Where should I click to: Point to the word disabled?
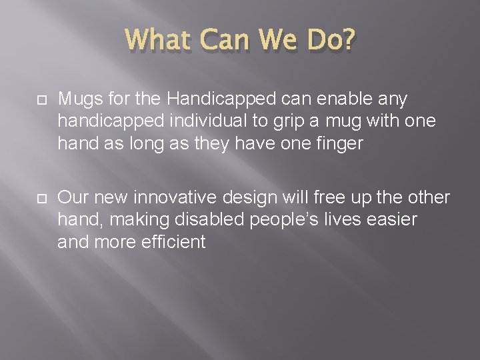coord(193,219)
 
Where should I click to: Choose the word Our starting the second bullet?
coord(73,197)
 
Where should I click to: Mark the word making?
coord(130,221)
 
